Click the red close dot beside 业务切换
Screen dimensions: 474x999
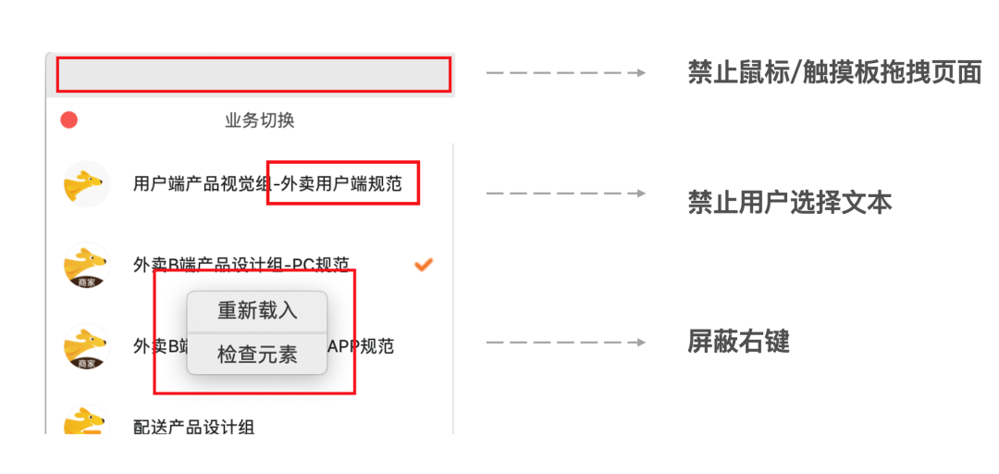click(x=69, y=120)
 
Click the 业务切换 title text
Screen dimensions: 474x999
click(x=260, y=120)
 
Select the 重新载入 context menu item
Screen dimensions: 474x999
click(x=257, y=311)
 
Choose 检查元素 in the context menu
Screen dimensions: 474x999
click(x=257, y=355)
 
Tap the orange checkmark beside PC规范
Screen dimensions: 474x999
click(x=424, y=265)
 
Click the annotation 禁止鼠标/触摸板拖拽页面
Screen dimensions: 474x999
click(x=834, y=72)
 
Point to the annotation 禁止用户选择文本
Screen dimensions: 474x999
click(x=789, y=203)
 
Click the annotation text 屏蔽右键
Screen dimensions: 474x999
click(x=738, y=343)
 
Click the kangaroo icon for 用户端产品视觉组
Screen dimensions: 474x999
click(x=86, y=183)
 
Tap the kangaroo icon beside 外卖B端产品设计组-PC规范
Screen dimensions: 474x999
click(x=86, y=265)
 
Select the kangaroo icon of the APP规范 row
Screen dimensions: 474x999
click(x=86, y=346)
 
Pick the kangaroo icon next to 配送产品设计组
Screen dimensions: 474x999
click(x=86, y=422)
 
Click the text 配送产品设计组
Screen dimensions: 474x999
click(x=194, y=427)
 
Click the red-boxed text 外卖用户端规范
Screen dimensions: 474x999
click(x=341, y=184)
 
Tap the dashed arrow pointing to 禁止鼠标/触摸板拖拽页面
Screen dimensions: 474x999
click(x=565, y=72)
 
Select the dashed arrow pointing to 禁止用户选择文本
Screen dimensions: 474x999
click(x=565, y=193)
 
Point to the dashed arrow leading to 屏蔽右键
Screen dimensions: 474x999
click(x=565, y=343)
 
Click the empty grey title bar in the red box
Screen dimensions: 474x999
click(x=253, y=74)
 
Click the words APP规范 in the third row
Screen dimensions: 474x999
click(x=364, y=346)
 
